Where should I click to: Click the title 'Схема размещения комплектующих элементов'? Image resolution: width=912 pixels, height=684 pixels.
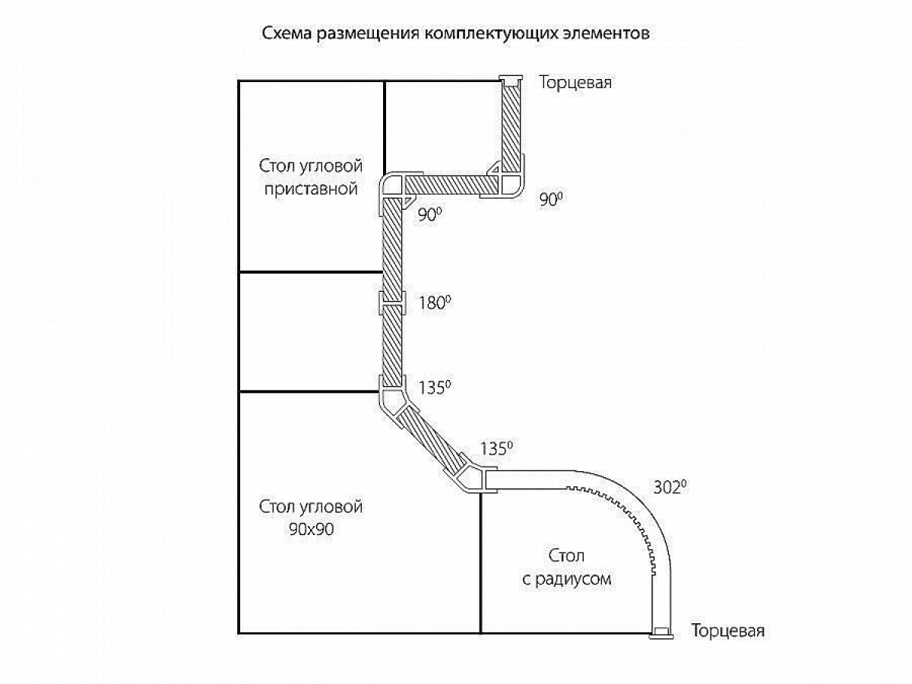click(455, 33)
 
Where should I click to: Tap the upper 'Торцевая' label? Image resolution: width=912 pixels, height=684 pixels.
click(575, 83)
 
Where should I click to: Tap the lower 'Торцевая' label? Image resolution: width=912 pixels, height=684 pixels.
click(727, 631)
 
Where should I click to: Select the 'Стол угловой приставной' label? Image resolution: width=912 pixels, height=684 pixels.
click(311, 177)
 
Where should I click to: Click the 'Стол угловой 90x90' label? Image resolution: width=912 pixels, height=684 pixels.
click(311, 518)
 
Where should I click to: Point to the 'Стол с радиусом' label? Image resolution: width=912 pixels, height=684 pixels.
click(567, 567)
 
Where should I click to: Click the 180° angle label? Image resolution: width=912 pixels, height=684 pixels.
click(434, 302)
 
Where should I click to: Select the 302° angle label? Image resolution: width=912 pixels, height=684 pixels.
click(670, 487)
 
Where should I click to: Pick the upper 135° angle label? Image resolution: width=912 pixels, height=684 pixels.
click(434, 388)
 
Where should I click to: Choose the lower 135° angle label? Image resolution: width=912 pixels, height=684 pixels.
click(496, 448)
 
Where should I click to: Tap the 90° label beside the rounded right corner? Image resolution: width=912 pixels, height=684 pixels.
click(551, 199)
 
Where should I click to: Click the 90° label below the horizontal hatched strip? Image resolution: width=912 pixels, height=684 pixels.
click(429, 214)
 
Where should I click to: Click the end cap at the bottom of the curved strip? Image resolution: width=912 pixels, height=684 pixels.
click(661, 632)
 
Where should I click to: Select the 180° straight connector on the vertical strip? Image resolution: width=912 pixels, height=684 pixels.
click(392, 302)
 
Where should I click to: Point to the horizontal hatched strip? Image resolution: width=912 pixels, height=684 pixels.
click(451, 185)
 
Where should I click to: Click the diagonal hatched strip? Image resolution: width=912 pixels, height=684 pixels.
click(432, 440)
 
